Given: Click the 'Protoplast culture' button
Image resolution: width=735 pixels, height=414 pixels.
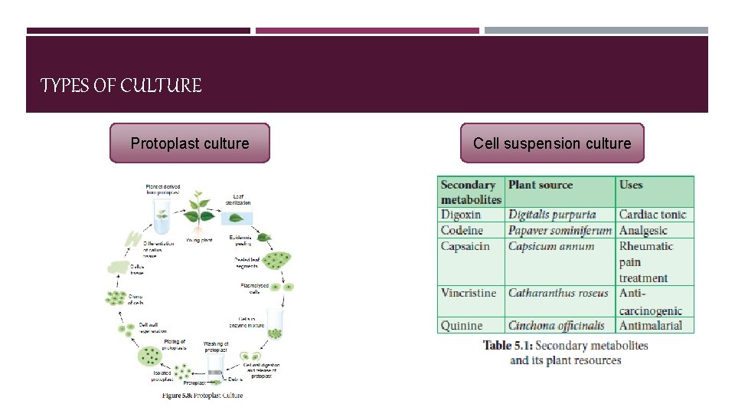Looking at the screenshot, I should point(190,143).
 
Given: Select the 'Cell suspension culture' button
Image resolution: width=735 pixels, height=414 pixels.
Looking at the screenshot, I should point(552,143).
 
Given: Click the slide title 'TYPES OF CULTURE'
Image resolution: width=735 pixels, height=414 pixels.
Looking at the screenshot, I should point(121,86).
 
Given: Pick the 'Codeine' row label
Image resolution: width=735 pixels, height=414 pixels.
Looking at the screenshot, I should point(462,231).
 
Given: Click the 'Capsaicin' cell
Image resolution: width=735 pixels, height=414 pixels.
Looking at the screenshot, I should point(465,246).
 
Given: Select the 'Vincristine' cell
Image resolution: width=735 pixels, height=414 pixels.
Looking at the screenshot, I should point(469,293).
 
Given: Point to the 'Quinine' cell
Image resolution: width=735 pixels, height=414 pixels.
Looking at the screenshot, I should point(462,326).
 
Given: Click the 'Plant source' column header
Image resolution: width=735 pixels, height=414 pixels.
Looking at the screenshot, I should point(541,185).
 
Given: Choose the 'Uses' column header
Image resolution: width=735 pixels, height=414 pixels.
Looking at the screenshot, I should point(631,185).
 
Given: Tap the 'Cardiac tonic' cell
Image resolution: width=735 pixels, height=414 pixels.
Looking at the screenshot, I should point(652,215).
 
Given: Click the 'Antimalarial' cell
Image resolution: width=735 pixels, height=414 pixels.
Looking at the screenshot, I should point(651,326).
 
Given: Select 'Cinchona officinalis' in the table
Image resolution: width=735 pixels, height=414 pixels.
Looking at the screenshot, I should point(557,326).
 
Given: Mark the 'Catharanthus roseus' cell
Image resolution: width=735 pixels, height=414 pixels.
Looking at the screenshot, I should point(558,293).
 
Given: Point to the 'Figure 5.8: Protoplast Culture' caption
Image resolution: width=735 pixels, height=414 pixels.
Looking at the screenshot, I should point(202,396).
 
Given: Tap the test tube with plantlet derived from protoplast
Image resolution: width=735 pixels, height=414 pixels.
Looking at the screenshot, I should point(162,218).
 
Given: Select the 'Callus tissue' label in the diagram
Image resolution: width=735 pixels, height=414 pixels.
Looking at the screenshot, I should point(136,270).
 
